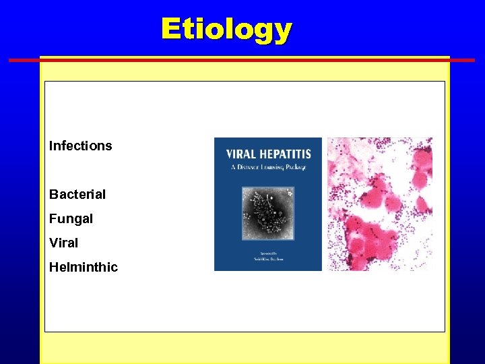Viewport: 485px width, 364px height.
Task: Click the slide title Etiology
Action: [x=226, y=30]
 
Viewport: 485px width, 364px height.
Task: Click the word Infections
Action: [x=80, y=146]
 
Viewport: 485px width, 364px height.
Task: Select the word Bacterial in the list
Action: [x=77, y=195]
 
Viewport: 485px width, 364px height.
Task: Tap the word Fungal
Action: [x=71, y=219]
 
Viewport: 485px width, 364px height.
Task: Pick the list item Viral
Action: [x=63, y=243]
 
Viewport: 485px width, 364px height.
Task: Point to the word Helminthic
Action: [x=83, y=268]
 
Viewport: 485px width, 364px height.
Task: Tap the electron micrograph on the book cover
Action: [x=267, y=213]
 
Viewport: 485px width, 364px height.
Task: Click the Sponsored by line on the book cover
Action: [x=267, y=252]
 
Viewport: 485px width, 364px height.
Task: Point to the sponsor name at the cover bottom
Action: [x=267, y=260]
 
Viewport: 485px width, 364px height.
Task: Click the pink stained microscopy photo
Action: [x=379, y=204]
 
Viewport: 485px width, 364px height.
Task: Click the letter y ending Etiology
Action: [x=283, y=31]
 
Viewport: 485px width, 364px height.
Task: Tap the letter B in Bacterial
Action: [x=53, y=195]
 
